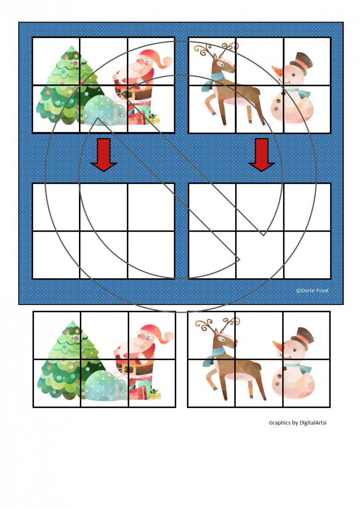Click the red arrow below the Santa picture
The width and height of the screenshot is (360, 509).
tap(104, 154)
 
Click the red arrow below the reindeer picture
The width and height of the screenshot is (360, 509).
tap(262, 154)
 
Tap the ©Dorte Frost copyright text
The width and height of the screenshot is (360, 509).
tap(312, 291)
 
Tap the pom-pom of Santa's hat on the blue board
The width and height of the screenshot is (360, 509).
tap(169, 62)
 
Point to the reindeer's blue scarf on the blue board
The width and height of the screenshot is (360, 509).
tap(213, 82)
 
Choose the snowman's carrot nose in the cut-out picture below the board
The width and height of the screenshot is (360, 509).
tap(278, 344)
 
